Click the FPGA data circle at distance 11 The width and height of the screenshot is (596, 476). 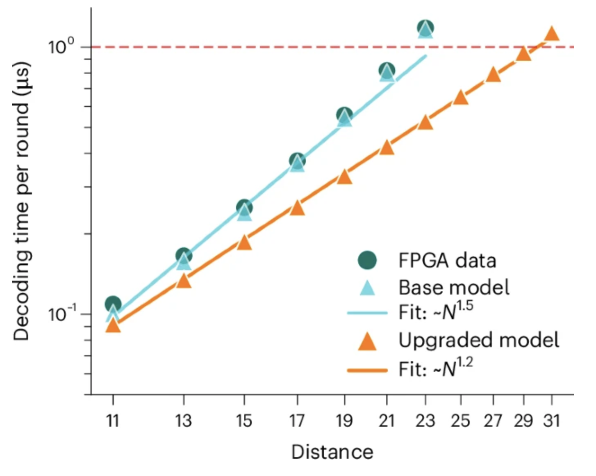coord(113,304)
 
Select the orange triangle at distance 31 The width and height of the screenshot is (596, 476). coord(552,34)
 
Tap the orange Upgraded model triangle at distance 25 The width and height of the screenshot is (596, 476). coord(461,98)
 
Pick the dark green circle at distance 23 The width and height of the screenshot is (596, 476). coord(425,27)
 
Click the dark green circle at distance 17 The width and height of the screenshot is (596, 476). coord(297,160)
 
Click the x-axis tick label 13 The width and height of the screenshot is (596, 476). coord(183,420)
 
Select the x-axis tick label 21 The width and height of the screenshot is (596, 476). coord(387,420)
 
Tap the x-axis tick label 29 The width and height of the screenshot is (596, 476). coord(523,420)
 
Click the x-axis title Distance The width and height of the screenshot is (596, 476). coord(332,452)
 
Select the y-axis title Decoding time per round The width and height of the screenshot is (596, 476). coord(21,201)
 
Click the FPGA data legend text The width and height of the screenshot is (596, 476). coord(447,260)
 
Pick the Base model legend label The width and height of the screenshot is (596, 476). coord(454,287)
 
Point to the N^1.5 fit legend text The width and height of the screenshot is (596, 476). coord(436,312)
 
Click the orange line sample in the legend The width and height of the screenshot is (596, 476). coord(367,370)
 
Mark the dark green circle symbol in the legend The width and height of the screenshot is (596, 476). coord(367,260)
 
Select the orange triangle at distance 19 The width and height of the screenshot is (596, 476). coord(345,177)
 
